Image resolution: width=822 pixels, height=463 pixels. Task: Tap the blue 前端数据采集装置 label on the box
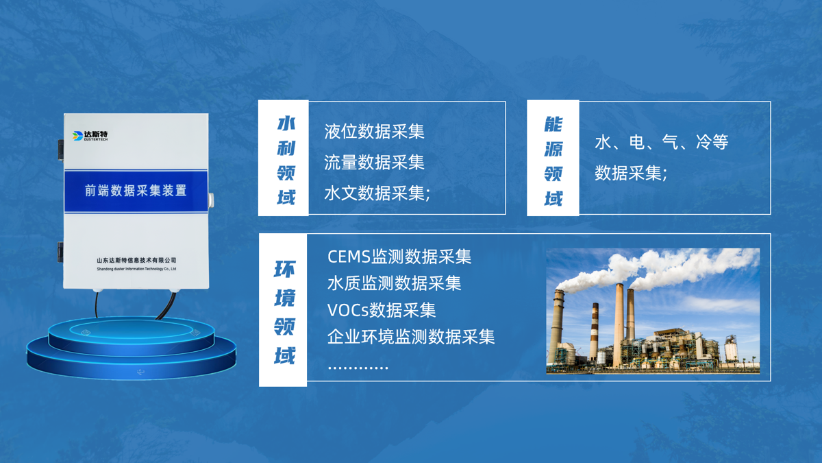136,191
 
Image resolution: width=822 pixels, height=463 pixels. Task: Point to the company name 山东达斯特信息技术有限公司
136,260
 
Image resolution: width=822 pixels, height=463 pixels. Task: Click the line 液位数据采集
374,132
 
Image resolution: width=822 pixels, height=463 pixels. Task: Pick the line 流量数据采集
374,163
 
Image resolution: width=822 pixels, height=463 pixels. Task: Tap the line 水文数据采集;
377,193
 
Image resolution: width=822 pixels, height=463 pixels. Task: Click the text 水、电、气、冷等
661,143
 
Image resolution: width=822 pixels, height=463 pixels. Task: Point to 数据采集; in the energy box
631,174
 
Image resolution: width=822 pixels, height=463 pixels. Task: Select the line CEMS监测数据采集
399,257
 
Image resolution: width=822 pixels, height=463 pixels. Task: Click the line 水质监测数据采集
394,283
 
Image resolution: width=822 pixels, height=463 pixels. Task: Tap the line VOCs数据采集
382,310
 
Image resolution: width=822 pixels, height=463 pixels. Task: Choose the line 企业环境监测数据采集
411,337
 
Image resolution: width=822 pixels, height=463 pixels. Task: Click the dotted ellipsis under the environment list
358,368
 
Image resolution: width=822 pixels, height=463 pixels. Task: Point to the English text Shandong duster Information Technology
136,269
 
